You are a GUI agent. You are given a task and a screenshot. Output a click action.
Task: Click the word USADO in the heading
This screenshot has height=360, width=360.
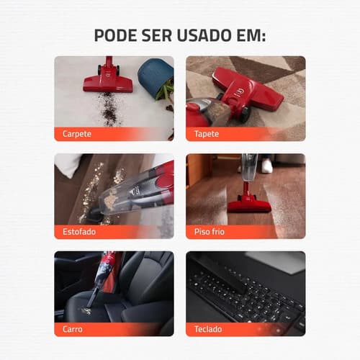pyautogui.click(x=203, y=35)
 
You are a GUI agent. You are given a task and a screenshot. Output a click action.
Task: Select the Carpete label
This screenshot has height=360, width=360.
pyautogui.click(x=77, y=134)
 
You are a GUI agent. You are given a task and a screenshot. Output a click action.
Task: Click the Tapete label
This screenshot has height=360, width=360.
pyautogui.click(x=207, y=134)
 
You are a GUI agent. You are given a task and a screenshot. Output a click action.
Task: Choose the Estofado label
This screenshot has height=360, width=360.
pyautogui.click(x=78, y=232)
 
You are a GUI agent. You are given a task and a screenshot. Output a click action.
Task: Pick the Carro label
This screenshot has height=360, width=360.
pyautogui.click(x=73, y=329)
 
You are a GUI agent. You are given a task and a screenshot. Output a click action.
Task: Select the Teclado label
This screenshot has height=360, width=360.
pyautogui.click(x=209, y=329)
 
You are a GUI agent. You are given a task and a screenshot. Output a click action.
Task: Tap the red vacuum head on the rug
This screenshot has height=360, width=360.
pyautogui.click(x=241, y=90)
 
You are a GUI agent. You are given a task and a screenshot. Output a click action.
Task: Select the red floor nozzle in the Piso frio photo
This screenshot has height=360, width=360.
pyautogui.click(x=248, y=204)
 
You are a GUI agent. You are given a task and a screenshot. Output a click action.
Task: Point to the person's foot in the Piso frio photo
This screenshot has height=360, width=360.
pyautogui.click(x=267, y=165)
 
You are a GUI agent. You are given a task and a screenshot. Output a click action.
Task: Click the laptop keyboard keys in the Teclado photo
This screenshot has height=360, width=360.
pyautogui.click(x=245, y=295)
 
